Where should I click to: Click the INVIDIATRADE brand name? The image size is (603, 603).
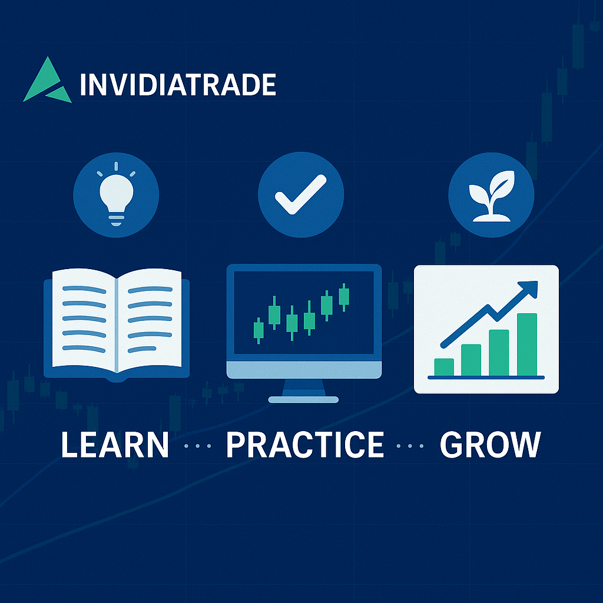point(177,84)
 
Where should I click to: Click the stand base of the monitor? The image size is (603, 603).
point(303,399)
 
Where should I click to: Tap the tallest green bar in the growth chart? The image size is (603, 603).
point(527,344)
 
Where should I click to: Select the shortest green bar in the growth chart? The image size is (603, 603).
point(444,366)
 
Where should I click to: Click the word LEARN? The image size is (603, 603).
point(115,445)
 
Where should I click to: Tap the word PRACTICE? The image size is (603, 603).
point(305,445)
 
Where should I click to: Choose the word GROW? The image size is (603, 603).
point(490,445)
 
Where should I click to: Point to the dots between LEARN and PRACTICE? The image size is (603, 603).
point(197,446)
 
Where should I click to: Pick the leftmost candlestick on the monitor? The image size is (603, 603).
point(258,330)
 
